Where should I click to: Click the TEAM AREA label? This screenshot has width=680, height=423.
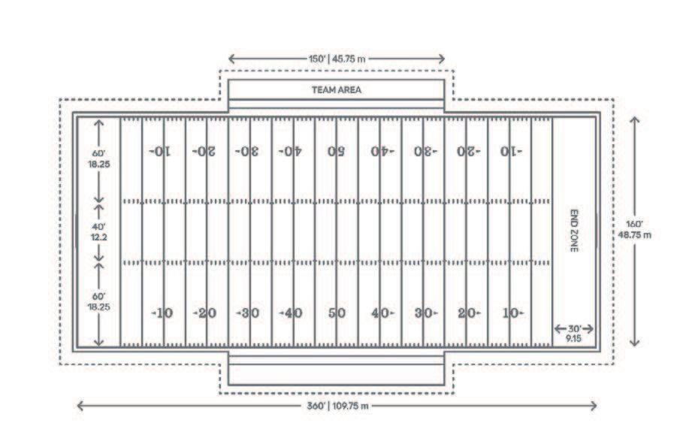(x=336, y=89)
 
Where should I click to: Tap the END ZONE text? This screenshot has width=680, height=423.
(x=573, y=230)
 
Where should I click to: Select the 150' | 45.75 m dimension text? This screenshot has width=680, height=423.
(x=336, y=59)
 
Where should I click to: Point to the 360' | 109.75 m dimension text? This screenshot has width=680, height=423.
(x=336, y=406)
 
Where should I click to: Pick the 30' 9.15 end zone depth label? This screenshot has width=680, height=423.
(x=574, y=334)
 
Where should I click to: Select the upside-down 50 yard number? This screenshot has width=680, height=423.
(x=336, y=151)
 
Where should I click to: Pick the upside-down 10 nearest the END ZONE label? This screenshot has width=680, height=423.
(x=512, y=151)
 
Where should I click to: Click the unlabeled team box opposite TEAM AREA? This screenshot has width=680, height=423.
(x=336, y=374)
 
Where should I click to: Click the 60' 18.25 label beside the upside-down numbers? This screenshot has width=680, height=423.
(x=98, y=159)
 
